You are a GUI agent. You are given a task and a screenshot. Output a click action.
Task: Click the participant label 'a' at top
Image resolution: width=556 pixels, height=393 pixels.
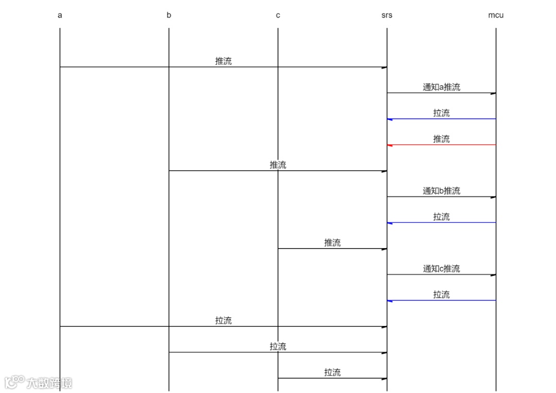click(x=60, y=15)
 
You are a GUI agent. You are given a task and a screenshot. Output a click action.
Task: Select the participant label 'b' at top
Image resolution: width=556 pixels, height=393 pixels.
click(x=169, y=15)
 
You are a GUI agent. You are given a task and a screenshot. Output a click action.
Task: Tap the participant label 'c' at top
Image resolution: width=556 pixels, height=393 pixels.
click(x=278, y=15)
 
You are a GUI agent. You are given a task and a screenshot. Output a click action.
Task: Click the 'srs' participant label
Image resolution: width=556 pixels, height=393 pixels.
click(x=387, y=15)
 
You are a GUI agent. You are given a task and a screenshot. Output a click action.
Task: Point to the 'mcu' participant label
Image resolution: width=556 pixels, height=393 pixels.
click(x=496, y=15)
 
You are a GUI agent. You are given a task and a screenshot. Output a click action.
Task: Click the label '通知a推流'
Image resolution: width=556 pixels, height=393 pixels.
click(x=441, y=87)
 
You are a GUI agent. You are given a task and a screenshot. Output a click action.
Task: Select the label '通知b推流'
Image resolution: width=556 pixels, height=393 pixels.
click(x=441, y=191)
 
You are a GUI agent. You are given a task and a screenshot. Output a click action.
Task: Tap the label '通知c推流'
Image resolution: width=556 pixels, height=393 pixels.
click(x=441, y=269)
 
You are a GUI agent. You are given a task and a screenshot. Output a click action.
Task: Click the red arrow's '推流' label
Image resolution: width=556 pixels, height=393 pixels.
click(x=441, y=139)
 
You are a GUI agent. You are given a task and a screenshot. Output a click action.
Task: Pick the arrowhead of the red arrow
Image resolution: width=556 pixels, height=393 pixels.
click(x=390, y=145)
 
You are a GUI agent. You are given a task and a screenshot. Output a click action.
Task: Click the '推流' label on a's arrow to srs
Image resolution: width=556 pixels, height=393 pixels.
click(x=223, y=61)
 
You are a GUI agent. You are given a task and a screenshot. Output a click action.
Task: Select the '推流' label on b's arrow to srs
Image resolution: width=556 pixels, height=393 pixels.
click(x=278, y=165)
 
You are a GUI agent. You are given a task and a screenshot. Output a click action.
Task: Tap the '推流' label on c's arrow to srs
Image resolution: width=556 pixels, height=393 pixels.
click(x=333, y=242)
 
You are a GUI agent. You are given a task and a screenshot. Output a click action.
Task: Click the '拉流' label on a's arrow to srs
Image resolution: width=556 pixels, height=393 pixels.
click(x=223, y=320)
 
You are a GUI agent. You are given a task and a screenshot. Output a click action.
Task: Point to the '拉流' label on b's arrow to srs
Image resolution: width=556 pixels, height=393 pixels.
click(x=278, y=347)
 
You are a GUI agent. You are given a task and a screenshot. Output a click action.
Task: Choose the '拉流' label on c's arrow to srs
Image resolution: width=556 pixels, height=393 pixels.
click(x=333, y=372)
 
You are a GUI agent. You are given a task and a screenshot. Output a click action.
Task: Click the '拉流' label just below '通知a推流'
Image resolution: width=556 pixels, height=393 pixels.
click(x=441, y=113)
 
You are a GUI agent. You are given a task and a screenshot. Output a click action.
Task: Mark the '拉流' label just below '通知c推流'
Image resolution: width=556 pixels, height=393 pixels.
click(x=441, y=294)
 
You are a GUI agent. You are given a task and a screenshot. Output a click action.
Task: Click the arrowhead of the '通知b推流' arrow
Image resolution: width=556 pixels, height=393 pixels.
click(x=493, y=197)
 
